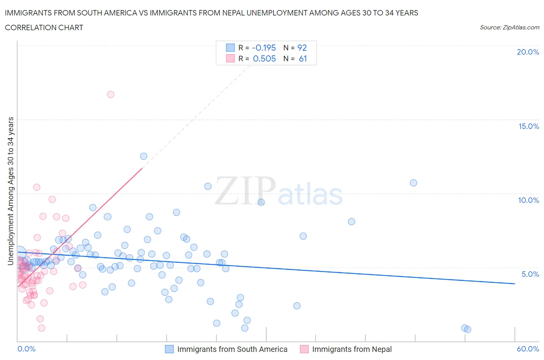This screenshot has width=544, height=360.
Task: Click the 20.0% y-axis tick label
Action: point(528,52)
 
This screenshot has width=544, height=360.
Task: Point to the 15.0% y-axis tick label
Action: point(529,126)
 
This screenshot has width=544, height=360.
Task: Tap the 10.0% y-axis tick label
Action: point(529,200)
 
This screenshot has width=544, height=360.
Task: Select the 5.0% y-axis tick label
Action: point(530,274)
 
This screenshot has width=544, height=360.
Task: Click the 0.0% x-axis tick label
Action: point(26,349)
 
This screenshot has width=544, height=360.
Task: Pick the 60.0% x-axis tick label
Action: point(528,349)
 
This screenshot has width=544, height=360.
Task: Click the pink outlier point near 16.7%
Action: point(111,94)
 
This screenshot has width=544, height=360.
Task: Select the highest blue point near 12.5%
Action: point(144,156)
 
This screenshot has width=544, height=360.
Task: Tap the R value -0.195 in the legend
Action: point(264,48)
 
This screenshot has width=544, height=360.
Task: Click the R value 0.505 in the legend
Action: point(264,58)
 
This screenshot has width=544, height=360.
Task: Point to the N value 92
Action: point(302,48)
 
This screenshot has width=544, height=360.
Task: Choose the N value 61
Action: point(303,58)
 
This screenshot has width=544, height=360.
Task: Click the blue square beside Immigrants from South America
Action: point(169,349)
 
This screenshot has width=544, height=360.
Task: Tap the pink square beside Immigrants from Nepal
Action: point(304,349)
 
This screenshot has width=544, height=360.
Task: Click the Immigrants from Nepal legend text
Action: point(352,349)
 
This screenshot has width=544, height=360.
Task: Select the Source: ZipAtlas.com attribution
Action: point(509,27)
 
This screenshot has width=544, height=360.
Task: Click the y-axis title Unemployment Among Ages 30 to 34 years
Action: point(11,191)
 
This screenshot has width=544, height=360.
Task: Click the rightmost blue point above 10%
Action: point(413,183)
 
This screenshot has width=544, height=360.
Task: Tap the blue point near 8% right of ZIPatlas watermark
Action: point(351,221)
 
